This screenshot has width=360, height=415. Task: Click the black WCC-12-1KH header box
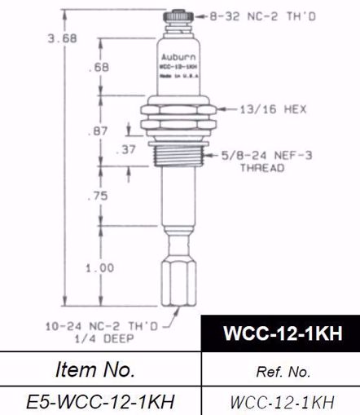pos(280,335)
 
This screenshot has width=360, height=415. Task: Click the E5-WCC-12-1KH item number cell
pos(99,401)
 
